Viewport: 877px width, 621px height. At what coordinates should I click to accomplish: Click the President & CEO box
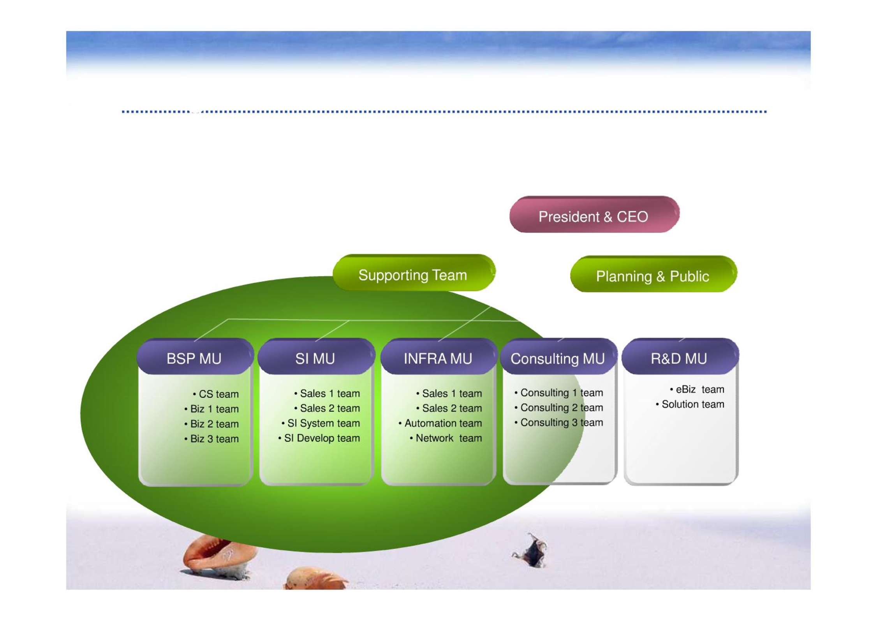tap(594, 214)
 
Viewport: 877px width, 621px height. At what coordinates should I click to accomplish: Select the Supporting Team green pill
tap(414, 273)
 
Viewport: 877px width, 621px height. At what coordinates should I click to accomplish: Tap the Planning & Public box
tap(653, 274)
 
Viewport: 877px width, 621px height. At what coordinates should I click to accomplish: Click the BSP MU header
tap(195, 357)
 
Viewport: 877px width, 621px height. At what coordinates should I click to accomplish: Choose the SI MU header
tap(316, 357)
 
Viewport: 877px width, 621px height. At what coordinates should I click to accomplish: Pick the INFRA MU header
tap(439, 357)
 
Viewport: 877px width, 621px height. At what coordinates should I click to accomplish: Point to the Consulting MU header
tap(559, 357)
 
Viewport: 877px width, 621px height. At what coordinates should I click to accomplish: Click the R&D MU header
tap(680, 357)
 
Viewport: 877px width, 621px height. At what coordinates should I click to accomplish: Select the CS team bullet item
tap(216, 394)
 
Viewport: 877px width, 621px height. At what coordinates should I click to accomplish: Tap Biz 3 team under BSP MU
tap(211, 439)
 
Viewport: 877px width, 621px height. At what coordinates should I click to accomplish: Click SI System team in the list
tap(321, 423)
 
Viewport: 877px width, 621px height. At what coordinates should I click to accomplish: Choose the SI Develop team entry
tap(319, 438)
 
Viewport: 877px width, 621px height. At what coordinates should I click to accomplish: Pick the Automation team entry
tap(440, 423)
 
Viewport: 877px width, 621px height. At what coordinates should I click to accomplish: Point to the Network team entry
tap(446, 438)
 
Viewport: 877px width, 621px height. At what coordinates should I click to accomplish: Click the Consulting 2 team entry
tap(558, 408)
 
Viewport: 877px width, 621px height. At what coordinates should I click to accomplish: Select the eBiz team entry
tap(697, 390)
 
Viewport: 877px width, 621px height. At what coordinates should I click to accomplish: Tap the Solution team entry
tap(690, 404)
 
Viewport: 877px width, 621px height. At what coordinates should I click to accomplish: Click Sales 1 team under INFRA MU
tap(449, 394)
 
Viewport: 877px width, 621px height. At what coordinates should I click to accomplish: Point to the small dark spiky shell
tap(531, 550)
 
